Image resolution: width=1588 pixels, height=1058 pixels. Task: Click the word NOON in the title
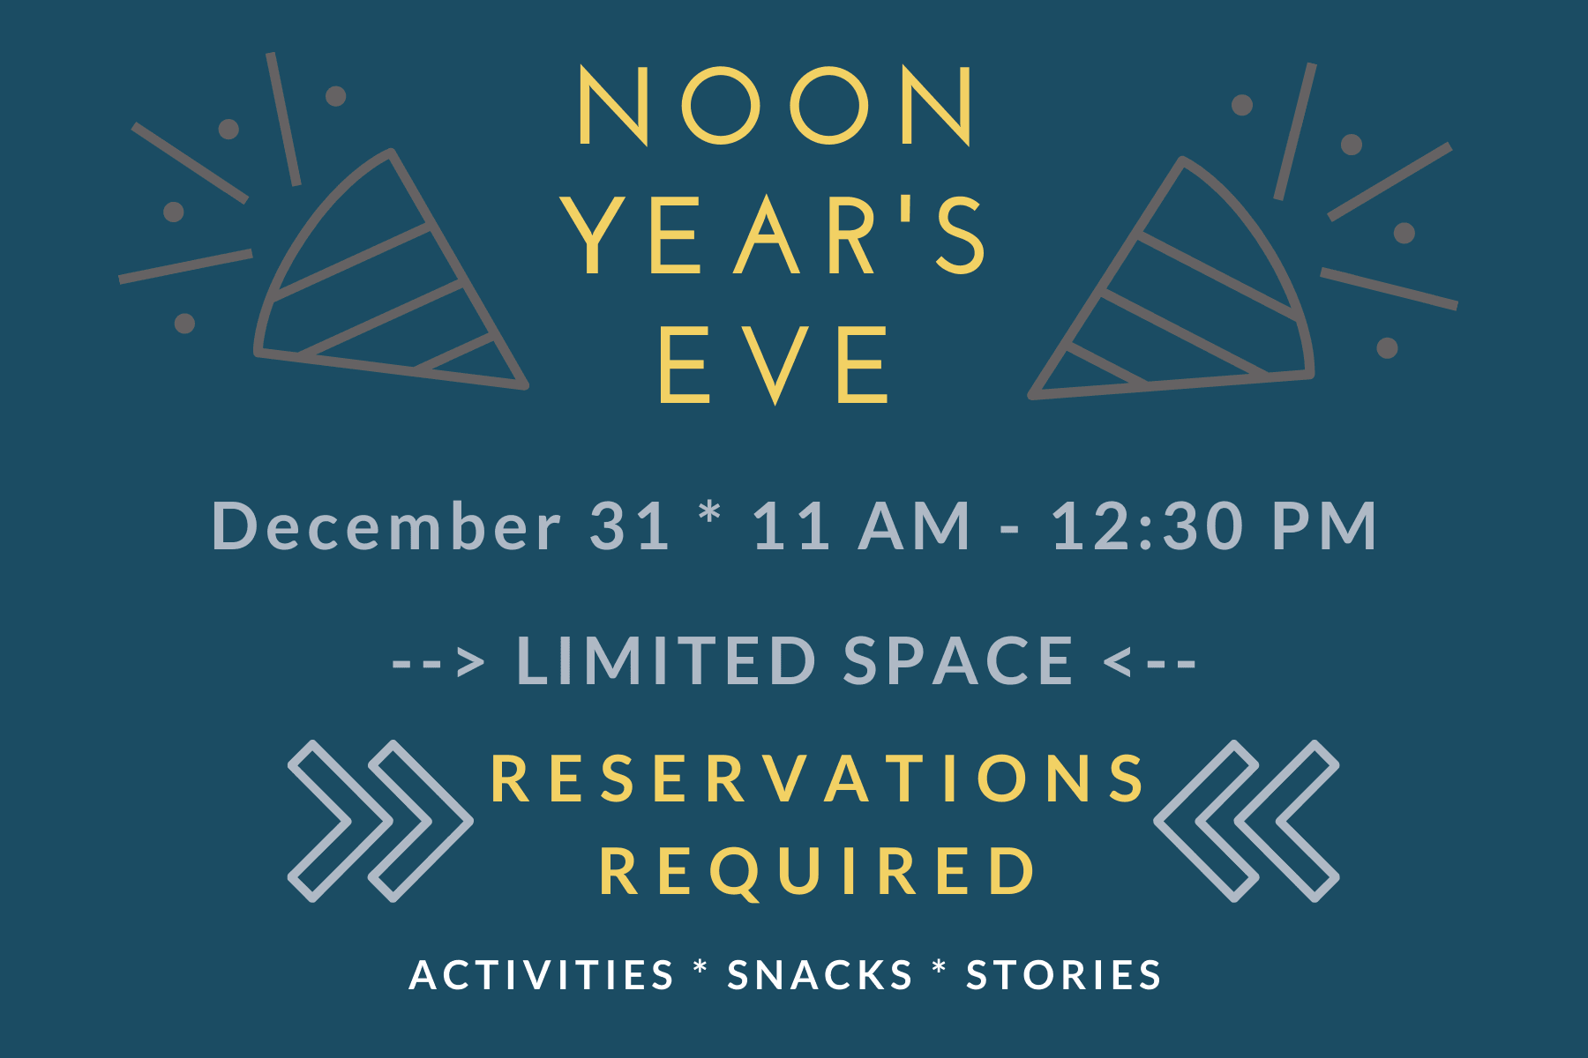tap(775, 106)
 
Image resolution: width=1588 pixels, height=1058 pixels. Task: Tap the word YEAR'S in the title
tap(775, 235)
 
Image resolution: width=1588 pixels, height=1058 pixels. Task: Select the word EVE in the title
tap(774, 364)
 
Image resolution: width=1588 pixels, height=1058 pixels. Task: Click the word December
tap(386, 526)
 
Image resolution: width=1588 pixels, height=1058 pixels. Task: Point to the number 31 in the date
tap(629, 526)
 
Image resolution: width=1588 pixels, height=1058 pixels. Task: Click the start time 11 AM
tap(861, 526)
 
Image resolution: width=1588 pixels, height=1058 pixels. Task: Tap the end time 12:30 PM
tap(1214, 526)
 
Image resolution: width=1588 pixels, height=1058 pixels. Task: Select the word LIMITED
tap(667, 660)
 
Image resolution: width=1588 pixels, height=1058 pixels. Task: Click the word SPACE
tap(958, 660)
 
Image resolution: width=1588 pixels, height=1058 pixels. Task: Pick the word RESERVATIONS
tap(819, 779)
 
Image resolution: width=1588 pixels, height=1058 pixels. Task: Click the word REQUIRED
tap(819, 871)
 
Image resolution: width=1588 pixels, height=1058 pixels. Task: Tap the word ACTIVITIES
tap(542, 975)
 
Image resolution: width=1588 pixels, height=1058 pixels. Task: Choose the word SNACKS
tap(820, 975)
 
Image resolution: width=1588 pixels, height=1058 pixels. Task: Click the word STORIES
tap(1064, 975)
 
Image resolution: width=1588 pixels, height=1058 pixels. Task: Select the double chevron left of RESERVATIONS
tap(380, 821)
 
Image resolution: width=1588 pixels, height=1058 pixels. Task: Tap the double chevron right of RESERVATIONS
tap(1247, 821)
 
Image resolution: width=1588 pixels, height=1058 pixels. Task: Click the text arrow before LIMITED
tap(438, 661)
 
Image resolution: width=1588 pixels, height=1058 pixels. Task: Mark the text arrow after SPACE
tap(1150, 661)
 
